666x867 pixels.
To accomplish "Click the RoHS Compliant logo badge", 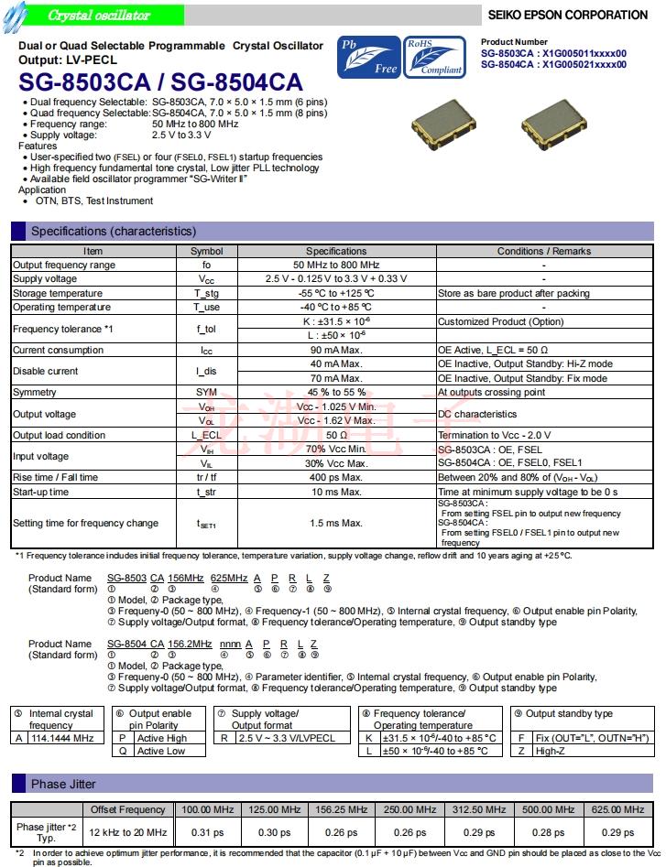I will click(435, 57).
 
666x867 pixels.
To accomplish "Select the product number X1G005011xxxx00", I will click(581, 53).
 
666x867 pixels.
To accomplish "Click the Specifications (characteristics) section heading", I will click(114, 231).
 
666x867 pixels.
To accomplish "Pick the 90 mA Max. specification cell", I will click(335, 350).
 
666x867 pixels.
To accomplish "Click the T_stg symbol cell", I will click(206, 294).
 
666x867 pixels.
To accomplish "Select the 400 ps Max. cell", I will click(335, 477).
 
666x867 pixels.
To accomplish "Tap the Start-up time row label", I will click(40, 492).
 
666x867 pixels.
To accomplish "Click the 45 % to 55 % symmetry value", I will click(335, 392).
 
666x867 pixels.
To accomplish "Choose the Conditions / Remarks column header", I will click(543, 251).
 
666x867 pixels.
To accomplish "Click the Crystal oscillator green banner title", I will click(99, 16).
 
